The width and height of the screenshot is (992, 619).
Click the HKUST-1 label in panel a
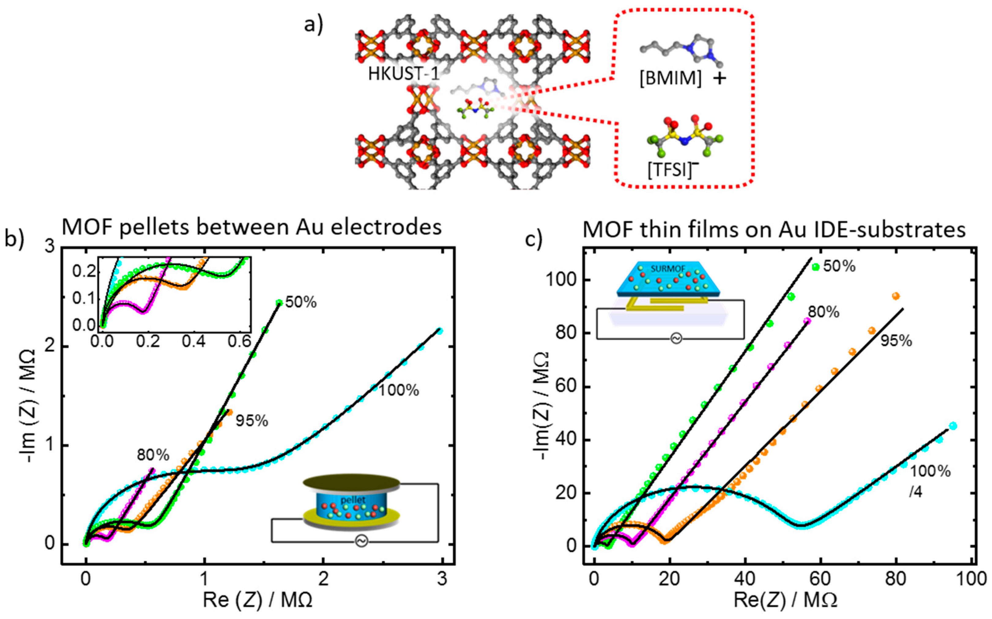pyautogui.click(x=403, y=74)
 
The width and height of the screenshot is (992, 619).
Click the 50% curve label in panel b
pyautogui.click(x=301, y=303)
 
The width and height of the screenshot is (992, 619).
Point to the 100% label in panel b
pyautogui.click(x=398, y=390)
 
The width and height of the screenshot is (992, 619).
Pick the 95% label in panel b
pyautogui.click(x=252, y=421)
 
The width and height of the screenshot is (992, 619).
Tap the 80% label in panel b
pyautogui.click(x=153, y=454)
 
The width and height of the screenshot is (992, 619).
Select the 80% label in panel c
pyautogui.click(x=823, y=312)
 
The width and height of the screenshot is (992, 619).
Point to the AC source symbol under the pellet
pyautogui.click(x=361, y=542)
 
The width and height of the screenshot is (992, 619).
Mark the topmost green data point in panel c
pyautogui.click(x=816, y=267)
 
